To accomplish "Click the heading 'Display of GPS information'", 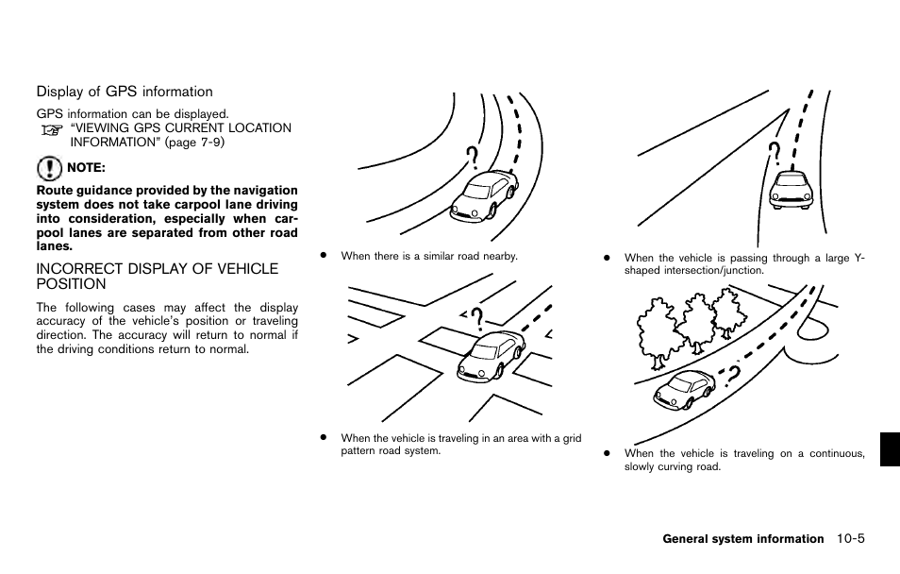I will pos(125,92).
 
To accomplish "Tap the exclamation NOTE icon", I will pos(49,170).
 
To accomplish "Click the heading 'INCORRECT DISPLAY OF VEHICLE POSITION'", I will pos(157,276).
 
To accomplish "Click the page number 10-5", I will pos(849,539).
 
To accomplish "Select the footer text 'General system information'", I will pos(742,539).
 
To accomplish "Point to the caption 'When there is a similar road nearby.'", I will pos(429,256).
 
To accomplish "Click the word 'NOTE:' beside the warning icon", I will pos(86,169).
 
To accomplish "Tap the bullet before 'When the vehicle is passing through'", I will pos(608,258).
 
